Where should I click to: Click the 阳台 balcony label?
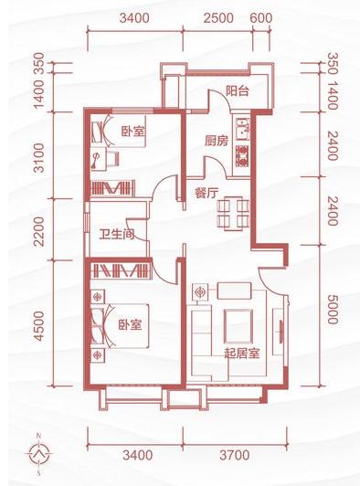pos(238,90)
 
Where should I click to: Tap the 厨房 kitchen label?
pos(216,141)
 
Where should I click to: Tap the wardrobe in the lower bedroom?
pos(121,270)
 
